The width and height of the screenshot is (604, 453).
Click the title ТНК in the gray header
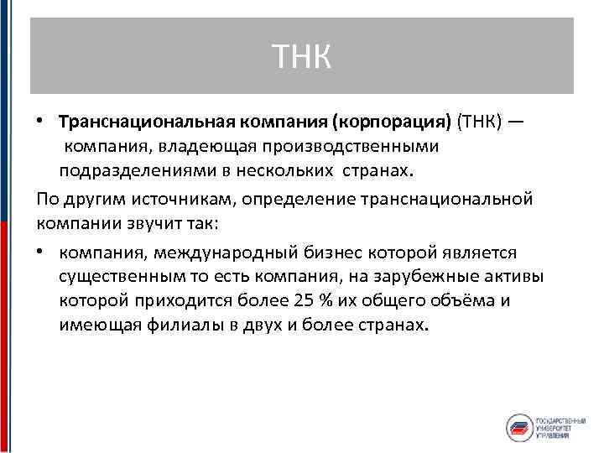pos(302,56)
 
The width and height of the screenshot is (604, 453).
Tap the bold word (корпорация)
pos(392,122)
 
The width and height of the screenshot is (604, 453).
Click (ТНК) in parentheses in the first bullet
pos(479,122)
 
